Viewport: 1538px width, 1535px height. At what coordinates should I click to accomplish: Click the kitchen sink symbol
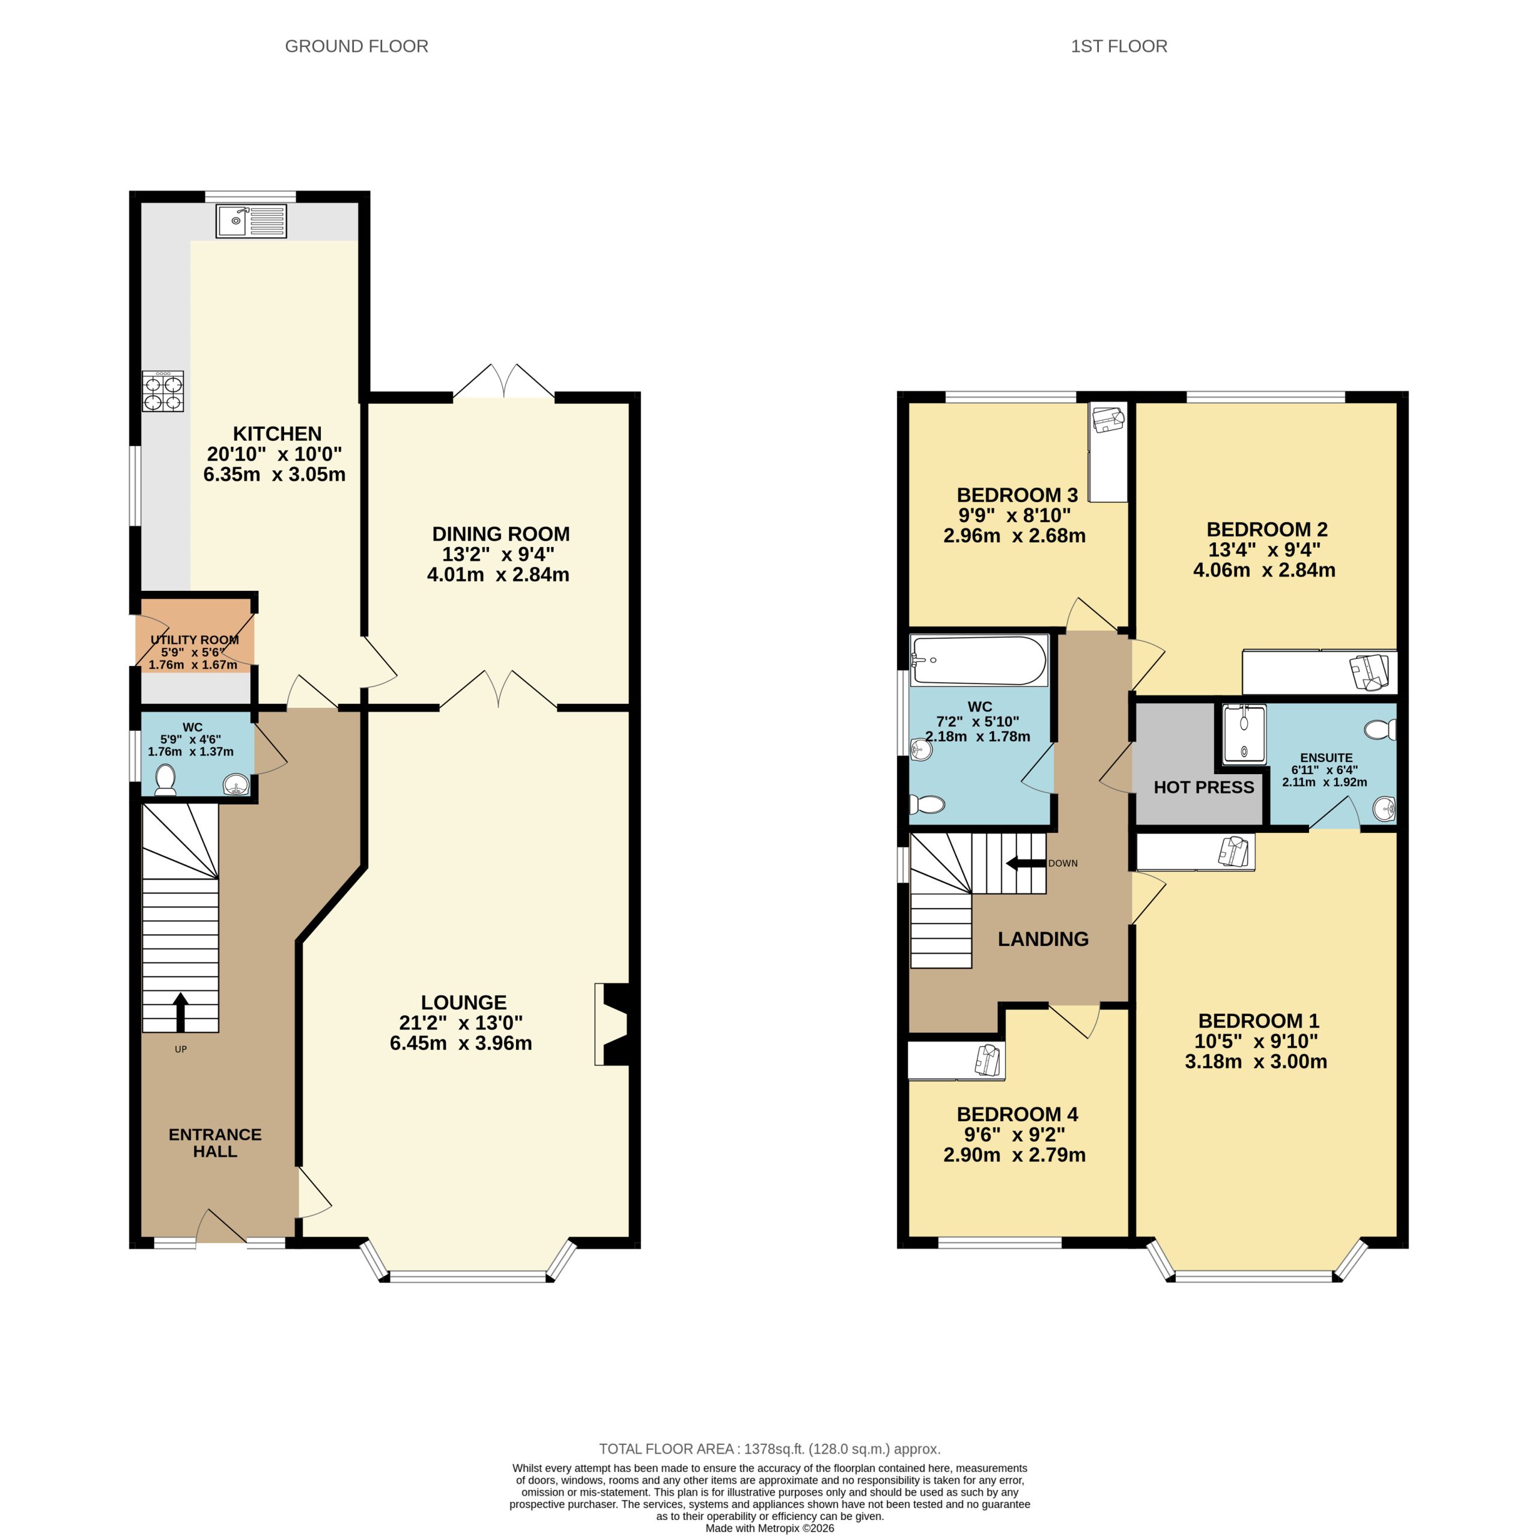point(251,220)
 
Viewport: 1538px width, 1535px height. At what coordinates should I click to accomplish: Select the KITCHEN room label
point(277,434)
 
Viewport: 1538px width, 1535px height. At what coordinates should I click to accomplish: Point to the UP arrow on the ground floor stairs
point(181,1011)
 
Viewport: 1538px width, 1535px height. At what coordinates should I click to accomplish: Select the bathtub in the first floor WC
point(978,661)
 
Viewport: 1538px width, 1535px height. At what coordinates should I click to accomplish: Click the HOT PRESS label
point(1203,788)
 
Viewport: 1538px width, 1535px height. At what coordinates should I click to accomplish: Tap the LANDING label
point(1043,939)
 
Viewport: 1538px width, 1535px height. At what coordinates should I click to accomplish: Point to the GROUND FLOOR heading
point(357,46)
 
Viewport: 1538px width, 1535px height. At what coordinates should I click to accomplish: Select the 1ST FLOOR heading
point(1119,46)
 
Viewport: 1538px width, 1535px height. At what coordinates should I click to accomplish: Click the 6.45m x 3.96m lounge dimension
point(461,1043)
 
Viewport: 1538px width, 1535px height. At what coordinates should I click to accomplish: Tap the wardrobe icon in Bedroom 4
point(987,1061)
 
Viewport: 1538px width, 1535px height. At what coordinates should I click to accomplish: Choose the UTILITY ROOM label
point(194,640)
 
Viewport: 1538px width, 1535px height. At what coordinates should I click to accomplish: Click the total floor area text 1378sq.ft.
point(769,1449)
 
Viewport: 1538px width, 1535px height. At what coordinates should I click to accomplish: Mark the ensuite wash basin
point(1384,810)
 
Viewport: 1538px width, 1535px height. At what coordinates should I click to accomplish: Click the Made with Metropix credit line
point(769,1528)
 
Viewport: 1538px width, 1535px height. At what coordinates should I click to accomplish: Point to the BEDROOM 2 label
point(1266,529)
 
